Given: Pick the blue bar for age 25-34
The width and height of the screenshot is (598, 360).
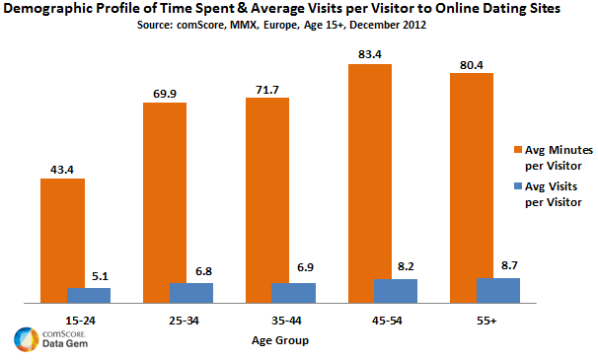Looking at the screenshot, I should coord(190,293).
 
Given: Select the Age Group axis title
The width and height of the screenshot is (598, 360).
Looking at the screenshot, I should coord(277,340).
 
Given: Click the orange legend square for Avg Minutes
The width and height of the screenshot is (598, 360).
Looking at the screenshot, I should coord(516,148).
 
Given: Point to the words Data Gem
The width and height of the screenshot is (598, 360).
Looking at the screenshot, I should coord(65,345).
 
